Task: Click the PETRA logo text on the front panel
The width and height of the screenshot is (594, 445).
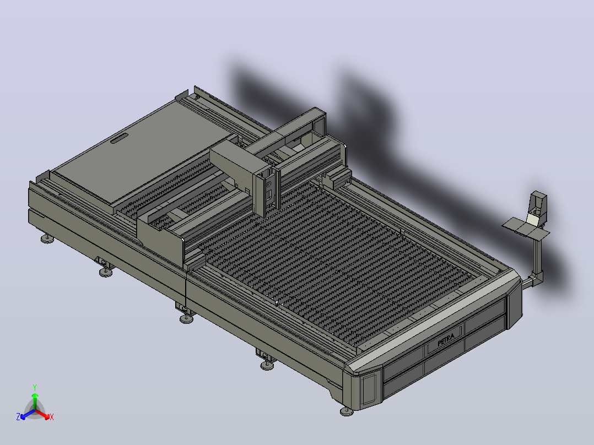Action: tap(446, 340)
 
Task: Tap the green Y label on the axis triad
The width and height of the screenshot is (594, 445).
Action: tap(35, 387)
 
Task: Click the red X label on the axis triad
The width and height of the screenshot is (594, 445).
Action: tap(52, 417)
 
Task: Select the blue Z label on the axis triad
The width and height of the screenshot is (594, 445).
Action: tap(18, 417)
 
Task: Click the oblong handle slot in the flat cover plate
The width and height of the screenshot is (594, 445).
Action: tap(119, 139)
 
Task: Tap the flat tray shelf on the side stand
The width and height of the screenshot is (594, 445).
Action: tap(526, 229)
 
